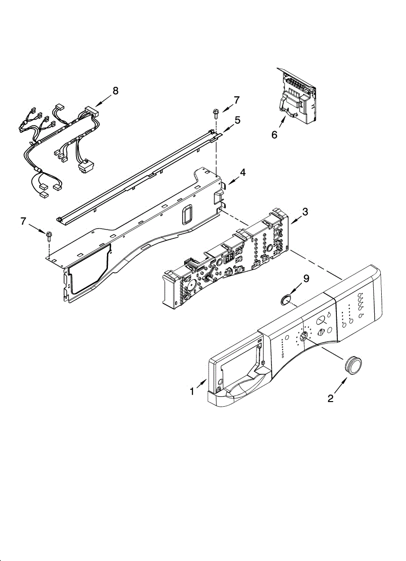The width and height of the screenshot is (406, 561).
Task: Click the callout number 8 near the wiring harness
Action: point(115,91)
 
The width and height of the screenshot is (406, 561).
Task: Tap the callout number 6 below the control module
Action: point(274,135)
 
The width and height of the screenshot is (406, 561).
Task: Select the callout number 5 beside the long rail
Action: point(238,120)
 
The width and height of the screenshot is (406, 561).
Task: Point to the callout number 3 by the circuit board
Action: point(305,211)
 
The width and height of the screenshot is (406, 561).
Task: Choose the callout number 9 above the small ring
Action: point(306,279)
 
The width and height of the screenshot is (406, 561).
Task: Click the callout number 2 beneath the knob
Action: point(330,398)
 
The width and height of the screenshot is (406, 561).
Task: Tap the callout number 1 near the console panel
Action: point(192,392)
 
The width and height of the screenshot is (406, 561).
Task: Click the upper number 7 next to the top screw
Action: point(237,100)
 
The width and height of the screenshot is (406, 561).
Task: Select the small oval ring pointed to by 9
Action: point(285,300)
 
